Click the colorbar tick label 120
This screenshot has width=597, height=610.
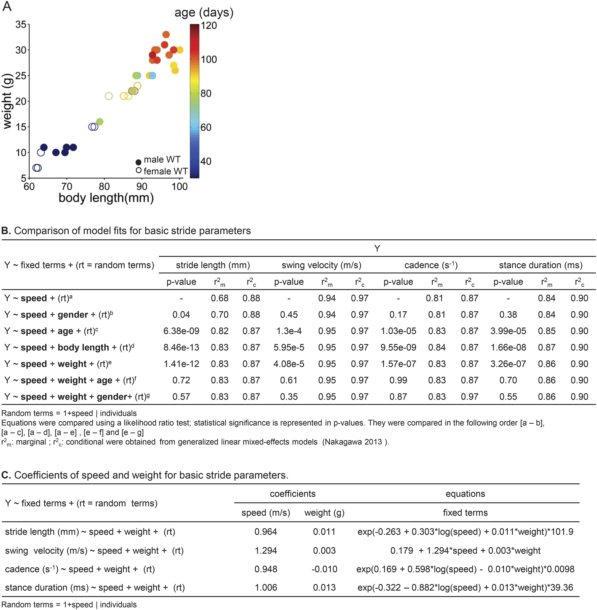[x=209, y=25]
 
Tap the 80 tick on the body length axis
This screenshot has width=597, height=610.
[x=104, y=187]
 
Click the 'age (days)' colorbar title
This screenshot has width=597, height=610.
[x=204, y=12]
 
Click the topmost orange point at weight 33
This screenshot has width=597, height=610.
[x=166, y=34]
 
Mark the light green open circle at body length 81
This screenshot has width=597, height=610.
[x=109, y=96]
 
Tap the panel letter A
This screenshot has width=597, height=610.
[x=7, y=6]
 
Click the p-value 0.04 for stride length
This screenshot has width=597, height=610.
[x=181, y=315]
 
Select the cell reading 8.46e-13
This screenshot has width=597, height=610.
[x=181, y=347]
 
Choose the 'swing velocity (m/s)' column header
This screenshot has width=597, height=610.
[x=321, y=265]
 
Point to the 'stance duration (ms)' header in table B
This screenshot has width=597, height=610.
[x=540, y=265]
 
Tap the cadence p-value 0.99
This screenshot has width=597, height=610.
[x=398, y=380]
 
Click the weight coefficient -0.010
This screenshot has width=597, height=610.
[x=324, y=569]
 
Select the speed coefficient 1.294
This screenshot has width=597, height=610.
[x=266, y=551]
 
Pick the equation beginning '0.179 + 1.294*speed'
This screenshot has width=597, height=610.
[x=465, y=551]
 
